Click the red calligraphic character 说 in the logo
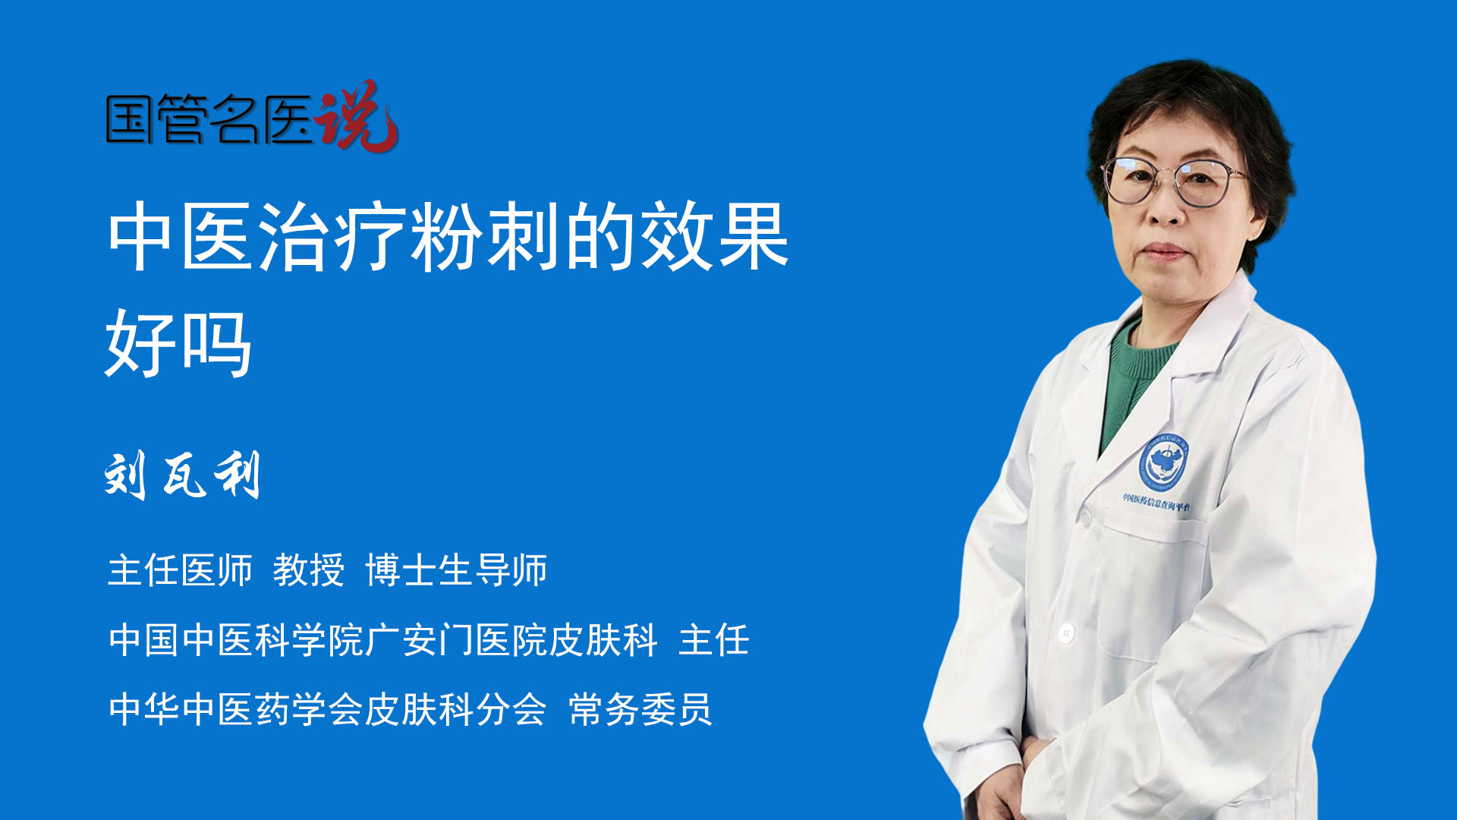(x=357, y=115)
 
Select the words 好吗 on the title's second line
(x=178, y=344)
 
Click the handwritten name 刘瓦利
(x=183, y=475)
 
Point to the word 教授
(x=309, y=569)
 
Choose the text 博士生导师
(x=456, y=569)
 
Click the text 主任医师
(x=180, y=569)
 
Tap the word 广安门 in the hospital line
(x=420, y=640)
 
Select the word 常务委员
(x=640, y=709)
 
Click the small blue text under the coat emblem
(x=1156, y=502)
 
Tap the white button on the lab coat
(x=1066, y=632)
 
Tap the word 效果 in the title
(x=715, y=237)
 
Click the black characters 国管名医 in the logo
(x=209, y=119)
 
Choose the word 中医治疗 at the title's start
(x=257, y=237)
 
